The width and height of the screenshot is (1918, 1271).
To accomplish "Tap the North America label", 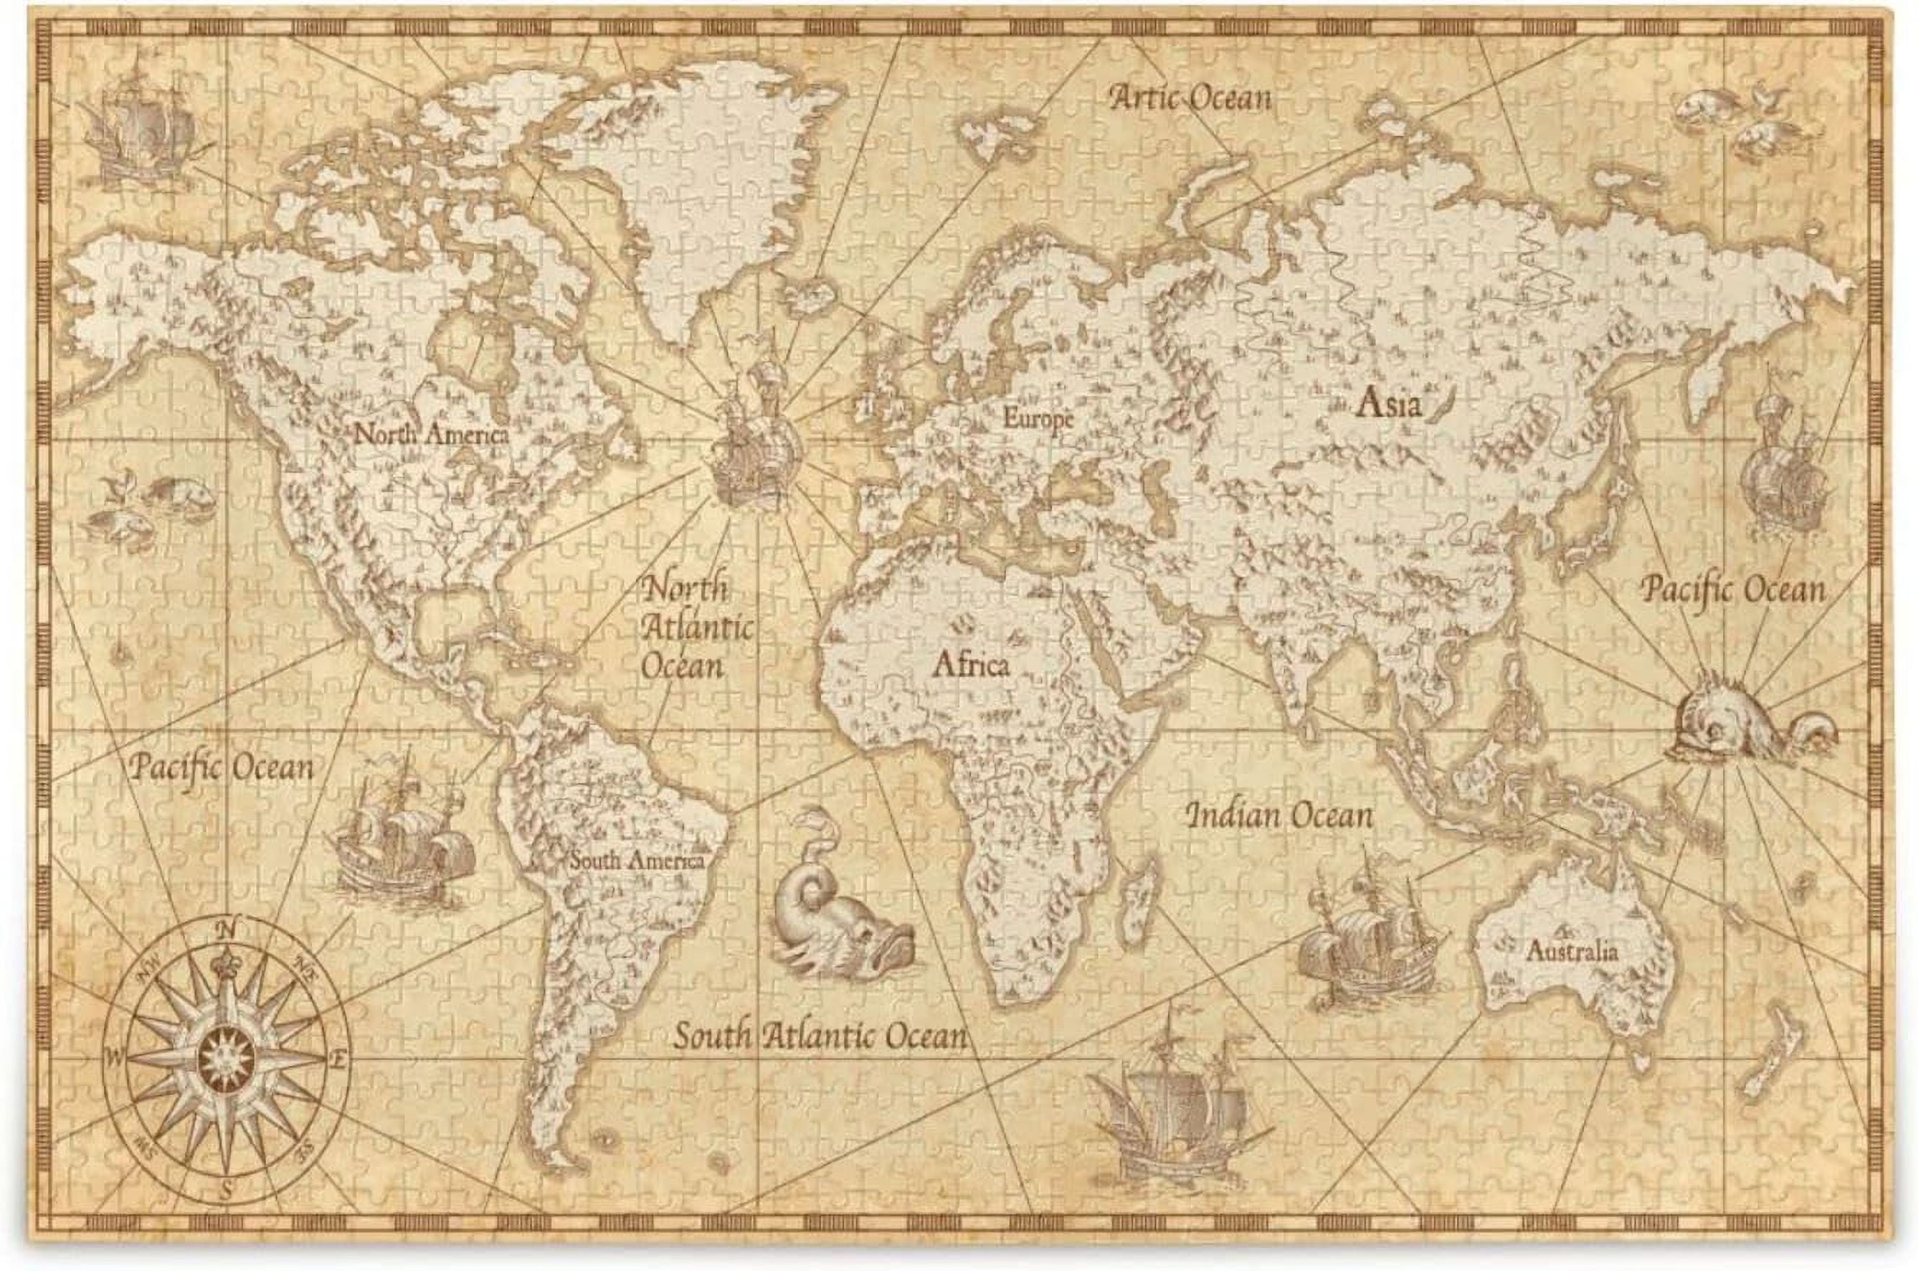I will coord(431,435).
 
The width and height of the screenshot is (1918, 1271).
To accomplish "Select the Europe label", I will coord(1038,419).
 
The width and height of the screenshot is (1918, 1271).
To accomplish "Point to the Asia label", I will coord(1389,404).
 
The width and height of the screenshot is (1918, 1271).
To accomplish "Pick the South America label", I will coord(636,860).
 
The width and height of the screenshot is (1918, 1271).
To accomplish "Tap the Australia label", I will coord(1572,951).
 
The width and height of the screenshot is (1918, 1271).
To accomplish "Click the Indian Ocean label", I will coord(1280,815).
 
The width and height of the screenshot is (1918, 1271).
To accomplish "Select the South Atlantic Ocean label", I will coord(821,1036).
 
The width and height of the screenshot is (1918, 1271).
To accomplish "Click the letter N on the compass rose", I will coord(230,929).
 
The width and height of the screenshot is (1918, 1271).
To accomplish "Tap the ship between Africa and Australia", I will coord(1371,940).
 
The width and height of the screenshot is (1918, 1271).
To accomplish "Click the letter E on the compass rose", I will coord(341,1058).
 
